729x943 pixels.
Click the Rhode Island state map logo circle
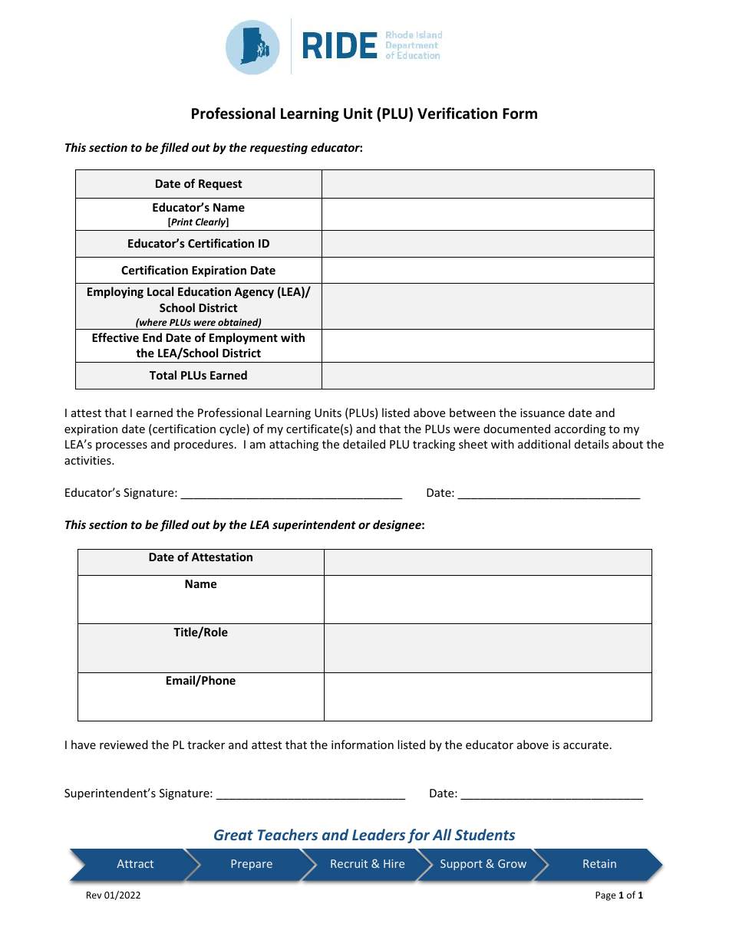pos(252,47)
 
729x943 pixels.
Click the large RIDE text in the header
pos(338,47)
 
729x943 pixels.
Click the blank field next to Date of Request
pos(487,184)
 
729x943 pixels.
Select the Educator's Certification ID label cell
pos(198,244)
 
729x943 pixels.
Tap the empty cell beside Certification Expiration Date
pos(487,270)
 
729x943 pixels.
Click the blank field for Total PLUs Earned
pos(487,376)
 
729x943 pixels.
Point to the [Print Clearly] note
pos(198,222)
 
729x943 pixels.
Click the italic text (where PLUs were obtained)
pos(198,323)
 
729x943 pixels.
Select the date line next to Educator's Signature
pos(549,494)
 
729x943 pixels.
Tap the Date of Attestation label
pos(200,557)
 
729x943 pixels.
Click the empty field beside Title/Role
pos(487,648)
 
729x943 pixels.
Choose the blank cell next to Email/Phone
pos(487,696)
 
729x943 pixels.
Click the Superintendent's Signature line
pos(310,794)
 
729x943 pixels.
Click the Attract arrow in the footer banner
pos(135,864)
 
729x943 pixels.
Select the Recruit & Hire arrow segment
pos(367,864)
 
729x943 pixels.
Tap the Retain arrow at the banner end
pos(599,864)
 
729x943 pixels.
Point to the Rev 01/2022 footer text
pos(113,895)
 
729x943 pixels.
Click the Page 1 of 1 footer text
pos(618,895)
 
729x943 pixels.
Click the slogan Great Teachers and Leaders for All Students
pos(364,835)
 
